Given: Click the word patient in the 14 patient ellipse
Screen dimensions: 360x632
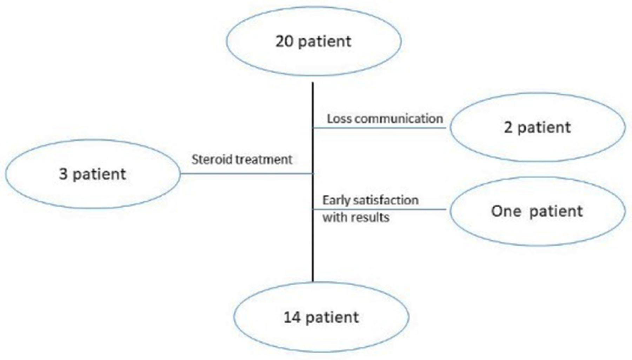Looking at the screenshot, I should click(332, 318).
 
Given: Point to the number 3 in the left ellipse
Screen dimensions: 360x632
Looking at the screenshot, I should click(63, 174).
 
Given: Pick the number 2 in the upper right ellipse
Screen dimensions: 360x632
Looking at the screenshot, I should click(508, 127).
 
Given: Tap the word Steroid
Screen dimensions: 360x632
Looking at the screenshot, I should click(212, 160).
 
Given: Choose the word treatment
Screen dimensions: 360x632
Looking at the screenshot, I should click(264, 160).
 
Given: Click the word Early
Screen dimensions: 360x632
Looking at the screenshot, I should click(336, 201).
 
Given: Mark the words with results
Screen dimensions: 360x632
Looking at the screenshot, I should click(356, 217).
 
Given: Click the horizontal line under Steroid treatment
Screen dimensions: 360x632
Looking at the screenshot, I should click(246, 173).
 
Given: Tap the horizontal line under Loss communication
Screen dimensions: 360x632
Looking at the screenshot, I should click(379, 128).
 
